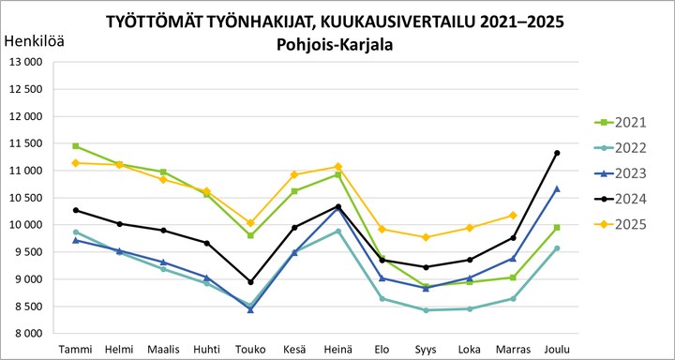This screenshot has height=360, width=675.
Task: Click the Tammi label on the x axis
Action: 75,349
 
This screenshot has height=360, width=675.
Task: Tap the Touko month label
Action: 250,349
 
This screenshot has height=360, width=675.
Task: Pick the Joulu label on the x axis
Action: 557,349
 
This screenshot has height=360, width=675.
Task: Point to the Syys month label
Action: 426,349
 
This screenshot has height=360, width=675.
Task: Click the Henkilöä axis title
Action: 36,40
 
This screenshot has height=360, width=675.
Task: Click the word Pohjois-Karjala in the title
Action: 336,44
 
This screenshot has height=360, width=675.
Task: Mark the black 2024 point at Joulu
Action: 557,153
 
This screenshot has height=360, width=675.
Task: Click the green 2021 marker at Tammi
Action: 75,146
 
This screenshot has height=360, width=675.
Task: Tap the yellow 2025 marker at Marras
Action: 513,216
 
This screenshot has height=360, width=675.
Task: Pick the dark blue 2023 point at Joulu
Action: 557,188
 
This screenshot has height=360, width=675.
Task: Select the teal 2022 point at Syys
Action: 426,310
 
